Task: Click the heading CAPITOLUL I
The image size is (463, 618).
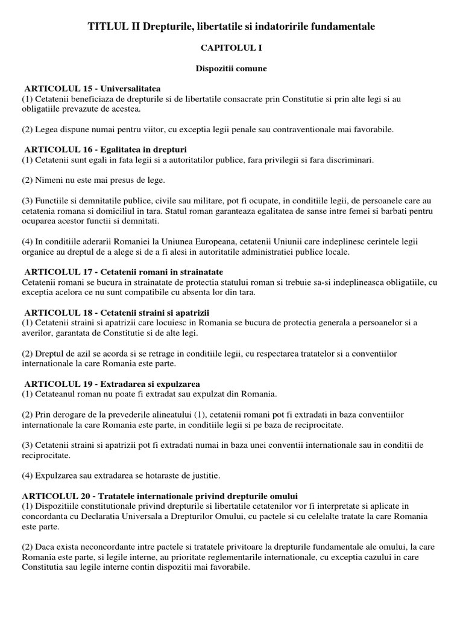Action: (x=231, y=48)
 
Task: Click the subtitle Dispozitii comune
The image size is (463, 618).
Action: (x=231, y=68)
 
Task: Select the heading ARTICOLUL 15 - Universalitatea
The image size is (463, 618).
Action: (x=92, y=89)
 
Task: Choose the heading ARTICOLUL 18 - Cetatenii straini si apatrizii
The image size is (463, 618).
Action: (x=116, y=313)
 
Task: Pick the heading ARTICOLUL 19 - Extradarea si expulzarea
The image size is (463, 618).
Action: (x=112, y=384)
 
